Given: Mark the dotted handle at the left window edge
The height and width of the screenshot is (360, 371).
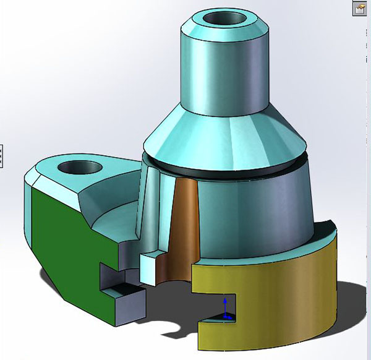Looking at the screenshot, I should (x=2, y=155).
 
